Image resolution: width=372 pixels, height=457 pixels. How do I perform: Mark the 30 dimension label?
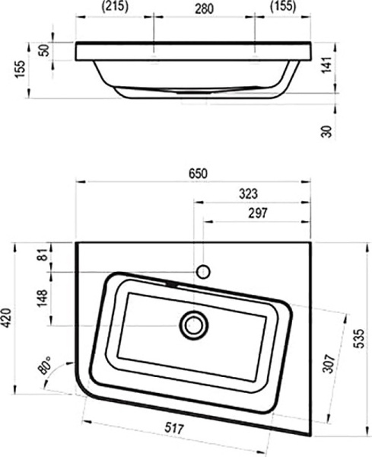327,131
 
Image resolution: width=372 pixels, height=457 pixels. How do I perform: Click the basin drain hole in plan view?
193,325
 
